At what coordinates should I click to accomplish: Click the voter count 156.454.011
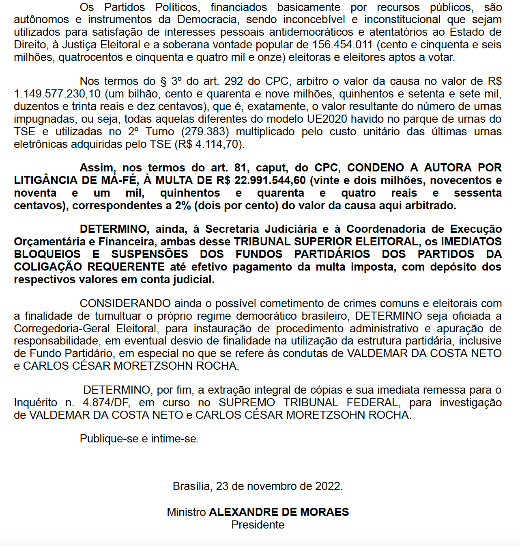[342, 45]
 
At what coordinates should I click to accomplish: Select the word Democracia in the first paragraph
[207, 19]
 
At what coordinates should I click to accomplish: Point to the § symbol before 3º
[163, 82]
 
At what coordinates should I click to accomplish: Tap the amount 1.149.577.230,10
[57, 94]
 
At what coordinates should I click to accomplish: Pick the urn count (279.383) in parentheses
[204, 132]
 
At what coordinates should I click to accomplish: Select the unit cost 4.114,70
[218, 144]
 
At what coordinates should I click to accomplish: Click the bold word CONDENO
[376, 168]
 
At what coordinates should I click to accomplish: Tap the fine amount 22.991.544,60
[270, 180]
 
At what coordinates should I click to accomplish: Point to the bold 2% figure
[183, 206]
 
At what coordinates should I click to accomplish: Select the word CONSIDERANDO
[125, 303]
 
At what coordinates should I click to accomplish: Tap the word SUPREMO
[247, 403]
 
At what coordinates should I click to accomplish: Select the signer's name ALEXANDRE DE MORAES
[279, 512]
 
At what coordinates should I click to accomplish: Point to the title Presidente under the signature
[258, 525]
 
